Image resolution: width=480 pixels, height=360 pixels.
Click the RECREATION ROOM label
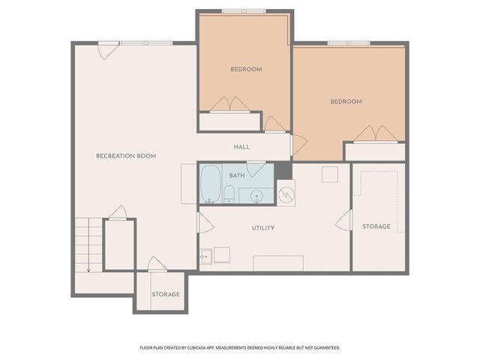(x=126, y=156)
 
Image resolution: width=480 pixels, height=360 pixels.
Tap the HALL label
(x=241, y=147)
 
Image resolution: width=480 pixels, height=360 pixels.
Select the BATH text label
(x=237, y=175)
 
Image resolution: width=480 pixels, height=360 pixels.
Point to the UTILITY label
(x=263, y=228)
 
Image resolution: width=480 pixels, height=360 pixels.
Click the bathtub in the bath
(x=211, y=184)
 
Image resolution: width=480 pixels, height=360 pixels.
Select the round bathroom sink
(x=256, y=196)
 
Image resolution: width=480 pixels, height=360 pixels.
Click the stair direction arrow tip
(x=88, y=270)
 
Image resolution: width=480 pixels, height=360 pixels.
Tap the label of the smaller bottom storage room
(x=166, y=294)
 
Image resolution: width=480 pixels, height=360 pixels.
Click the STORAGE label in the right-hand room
(x=376, y=226)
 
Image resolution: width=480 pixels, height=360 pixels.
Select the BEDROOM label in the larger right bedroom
(x=346, y=101)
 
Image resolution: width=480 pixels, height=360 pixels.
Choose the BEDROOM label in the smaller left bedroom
(x=246, y=69)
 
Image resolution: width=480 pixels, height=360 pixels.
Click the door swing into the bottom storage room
(x=156, y=263)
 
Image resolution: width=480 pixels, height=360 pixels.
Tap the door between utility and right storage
(x=345, y=220)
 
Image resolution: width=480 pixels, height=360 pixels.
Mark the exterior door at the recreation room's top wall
(x=107, y=51)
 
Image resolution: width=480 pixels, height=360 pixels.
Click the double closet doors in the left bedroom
(x=229, y=104)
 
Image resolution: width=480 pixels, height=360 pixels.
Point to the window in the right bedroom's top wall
(x=349, y=43)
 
